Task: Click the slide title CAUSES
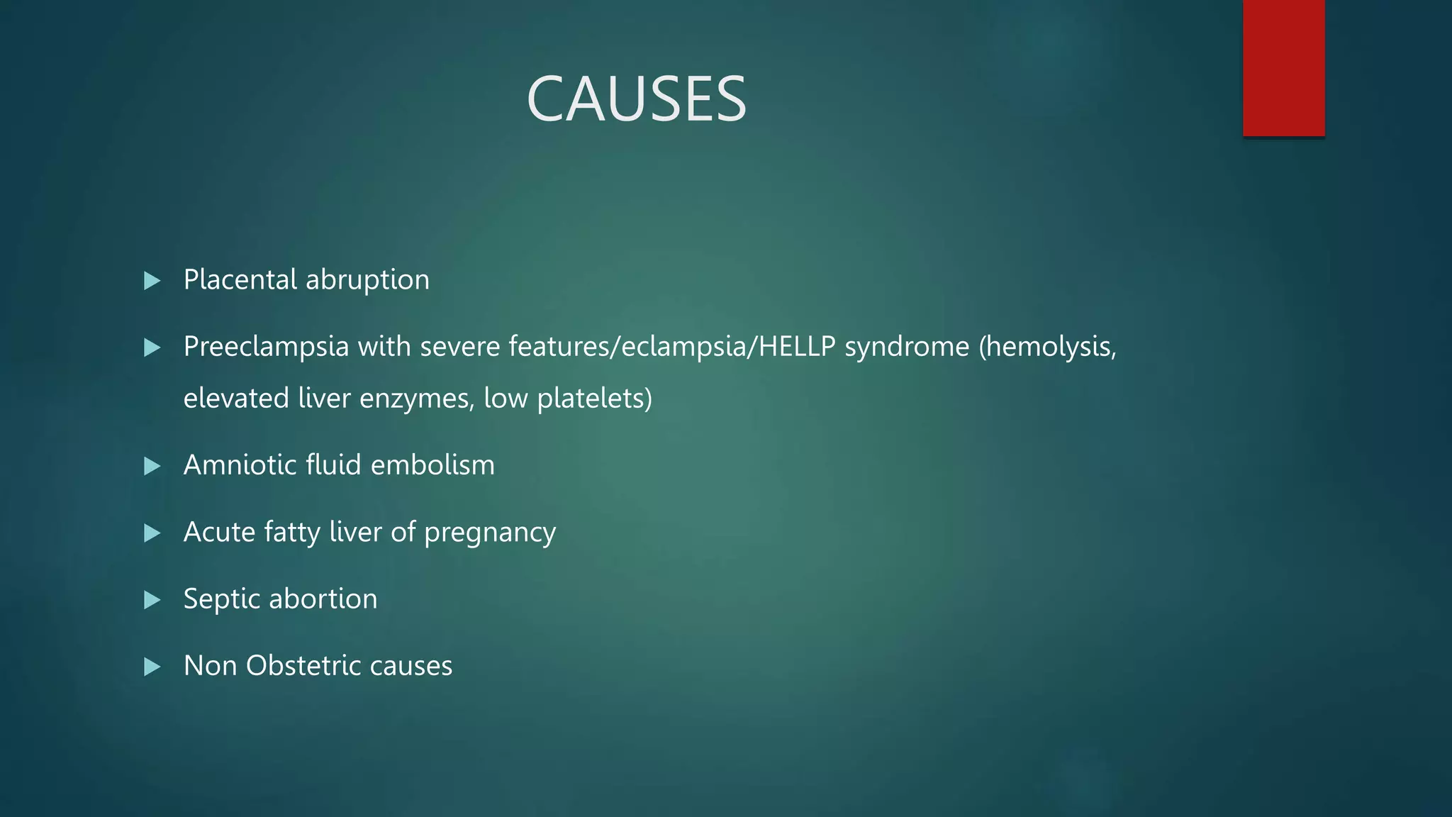tap(636, 99)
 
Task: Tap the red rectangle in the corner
tap(1283, 68)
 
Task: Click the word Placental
tap(240, 279)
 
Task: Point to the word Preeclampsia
tap(266, 348)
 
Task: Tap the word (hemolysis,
tap(1047, 348)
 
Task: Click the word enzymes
tap(416, 399)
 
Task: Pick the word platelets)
tap(594, 399)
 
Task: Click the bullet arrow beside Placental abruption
tap(152, 281)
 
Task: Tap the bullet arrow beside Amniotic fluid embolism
tap(152, 466)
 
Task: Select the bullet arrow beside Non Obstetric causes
tap(152, 667)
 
